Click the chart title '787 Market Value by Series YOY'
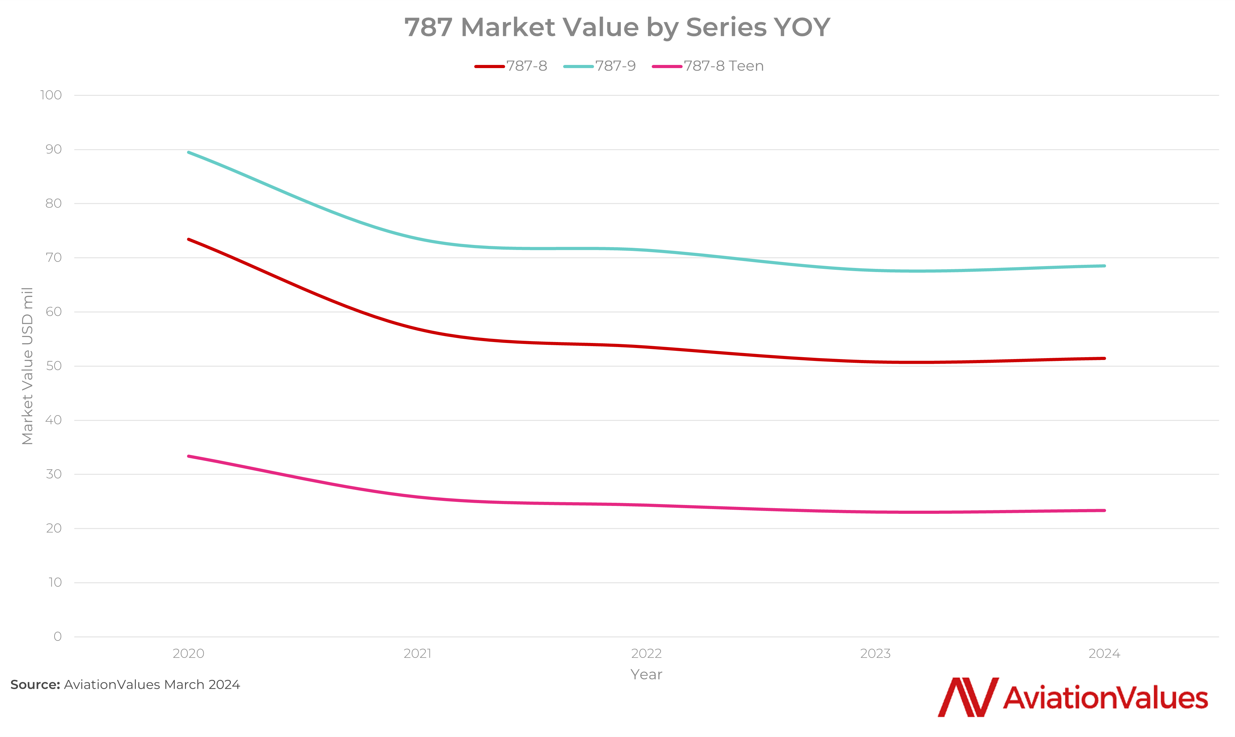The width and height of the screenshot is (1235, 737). coord(617,27)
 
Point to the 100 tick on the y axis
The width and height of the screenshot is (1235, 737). coord(51,95)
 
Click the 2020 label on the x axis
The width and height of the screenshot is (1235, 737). coord(188,653)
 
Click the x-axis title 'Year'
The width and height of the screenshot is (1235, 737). coord(646,674)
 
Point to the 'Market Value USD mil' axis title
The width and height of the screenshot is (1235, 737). coord(27,366)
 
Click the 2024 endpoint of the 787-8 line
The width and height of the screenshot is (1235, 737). coord(1104,358)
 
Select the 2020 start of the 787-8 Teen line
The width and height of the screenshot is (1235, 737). coord(189,456)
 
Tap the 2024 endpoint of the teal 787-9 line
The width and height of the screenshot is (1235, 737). coord(1104,266)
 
